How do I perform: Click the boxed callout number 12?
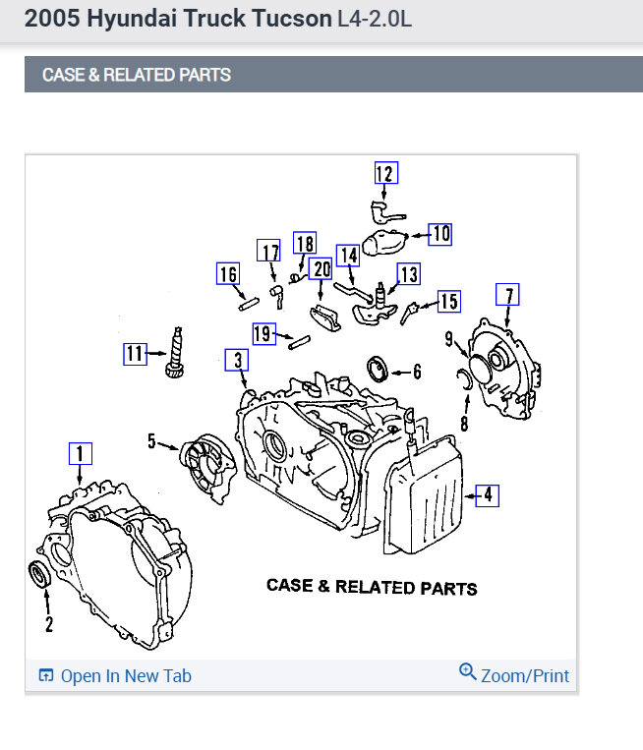coord(384,174)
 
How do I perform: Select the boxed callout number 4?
coord(487,495)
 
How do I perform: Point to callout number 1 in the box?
coord(80,453)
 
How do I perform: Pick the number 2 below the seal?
coord(48,623)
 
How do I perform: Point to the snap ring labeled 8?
coord(466,381)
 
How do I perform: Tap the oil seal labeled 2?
coord(40,575)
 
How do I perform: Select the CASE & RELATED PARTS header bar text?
coord(137,75)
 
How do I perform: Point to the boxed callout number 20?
coord(321,268)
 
